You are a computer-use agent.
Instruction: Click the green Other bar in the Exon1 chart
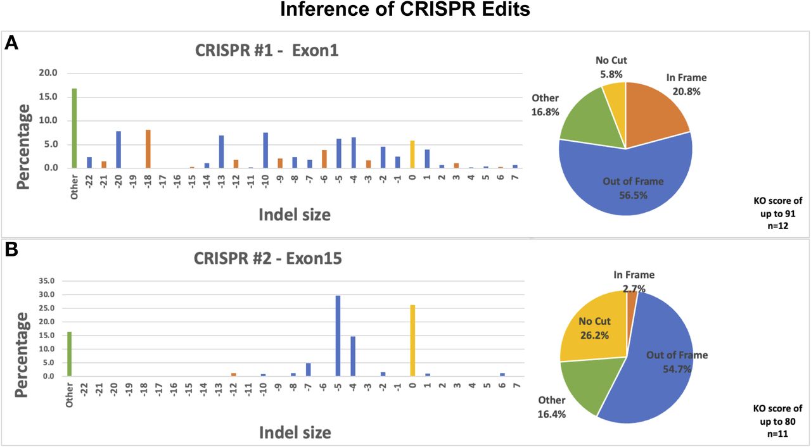pyautogui.click(x=74, y=128)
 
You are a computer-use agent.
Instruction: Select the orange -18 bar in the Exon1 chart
pyautogui.click(x=148, y=149)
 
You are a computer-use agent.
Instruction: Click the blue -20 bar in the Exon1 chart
pyautogui.click(x=118, y=149)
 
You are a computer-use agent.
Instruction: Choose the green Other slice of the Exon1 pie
pyautogui.click(x=586, y=123)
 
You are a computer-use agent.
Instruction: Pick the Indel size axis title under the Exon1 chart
pyautogui.click(x=294, y=215)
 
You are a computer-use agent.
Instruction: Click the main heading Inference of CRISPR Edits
pyautogui.click(x=405, y=10)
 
